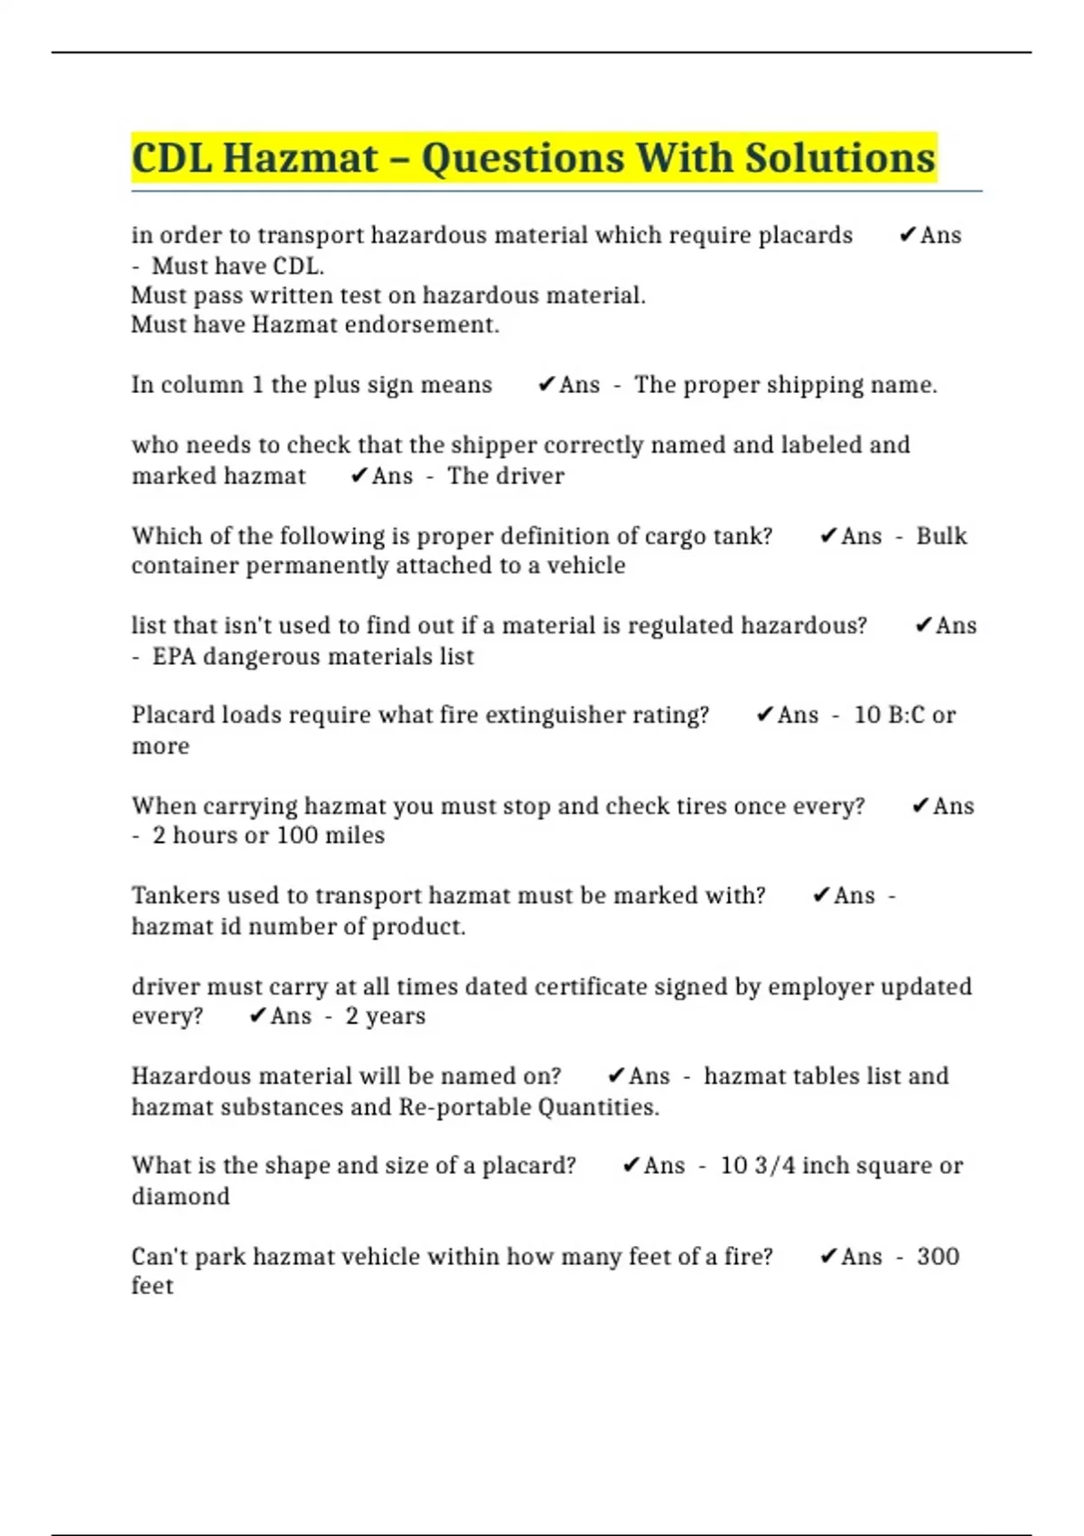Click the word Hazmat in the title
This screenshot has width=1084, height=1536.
coord(300,158)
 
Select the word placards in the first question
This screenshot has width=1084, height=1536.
coord(805,236)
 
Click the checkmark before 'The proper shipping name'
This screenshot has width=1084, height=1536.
coord(546,385)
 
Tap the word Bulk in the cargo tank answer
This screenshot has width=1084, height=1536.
coord(941,536)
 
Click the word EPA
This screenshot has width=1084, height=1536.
coord(173,657)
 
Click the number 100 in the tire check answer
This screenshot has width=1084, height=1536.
coord(297,836)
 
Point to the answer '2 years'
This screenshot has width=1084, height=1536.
coord(385,1016)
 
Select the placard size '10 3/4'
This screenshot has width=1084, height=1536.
coord(757,1166)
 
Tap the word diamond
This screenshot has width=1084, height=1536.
coord(181,1196)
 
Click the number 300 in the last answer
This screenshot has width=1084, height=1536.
coord(938,1257)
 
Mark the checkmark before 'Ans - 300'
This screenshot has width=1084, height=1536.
coord(827,1257)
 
